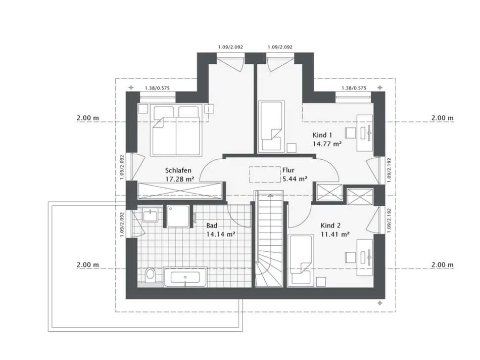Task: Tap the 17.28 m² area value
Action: pos(179,179)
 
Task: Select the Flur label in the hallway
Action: pos(289,170)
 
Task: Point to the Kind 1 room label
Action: pos(322,136)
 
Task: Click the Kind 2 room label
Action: pos(331,226)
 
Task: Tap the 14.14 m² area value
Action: pos(220,234)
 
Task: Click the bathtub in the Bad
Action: pos(185,278)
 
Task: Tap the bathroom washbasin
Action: pos(150,216)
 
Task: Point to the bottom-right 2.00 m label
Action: pos(442,265)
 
